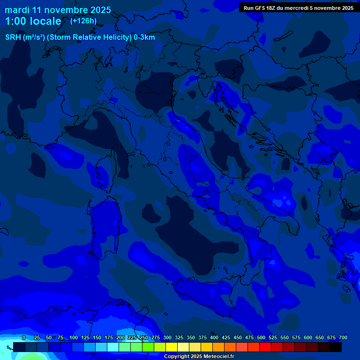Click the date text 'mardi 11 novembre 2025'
point(58,10)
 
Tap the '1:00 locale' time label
point(33,21)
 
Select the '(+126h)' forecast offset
point(83,21)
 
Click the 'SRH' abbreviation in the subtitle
point(13,37)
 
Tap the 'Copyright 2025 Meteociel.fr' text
point(199,356)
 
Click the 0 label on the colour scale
point(24,337)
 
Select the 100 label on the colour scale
point(74,337)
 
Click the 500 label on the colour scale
point(261,337)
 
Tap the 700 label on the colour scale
point(343,337)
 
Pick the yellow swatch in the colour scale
point(172,347)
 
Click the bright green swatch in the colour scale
point(148,347)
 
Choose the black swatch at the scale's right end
point(336,347)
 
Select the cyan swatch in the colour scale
point(113,347)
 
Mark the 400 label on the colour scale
point(214,337)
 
